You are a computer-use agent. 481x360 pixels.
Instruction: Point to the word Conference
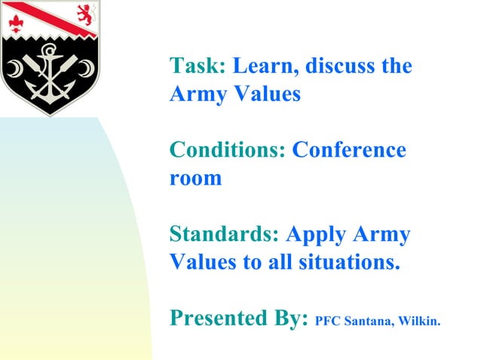coord(349,151)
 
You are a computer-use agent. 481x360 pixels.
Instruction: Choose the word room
coord(195,179)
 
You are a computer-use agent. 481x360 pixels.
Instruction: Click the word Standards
coord(225,234)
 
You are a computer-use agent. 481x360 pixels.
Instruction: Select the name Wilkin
coord(420,322)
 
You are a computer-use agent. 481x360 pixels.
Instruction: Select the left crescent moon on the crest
coord(14,70)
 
